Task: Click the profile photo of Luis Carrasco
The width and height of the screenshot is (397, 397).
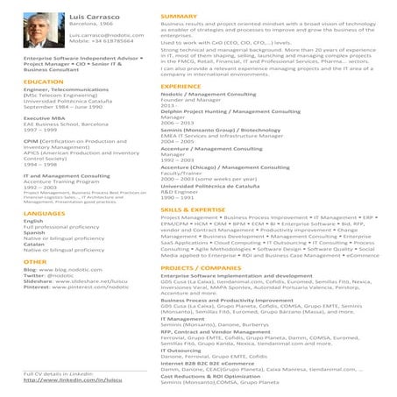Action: tap(43, 34)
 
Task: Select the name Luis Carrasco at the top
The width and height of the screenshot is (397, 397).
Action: tap(97, 17)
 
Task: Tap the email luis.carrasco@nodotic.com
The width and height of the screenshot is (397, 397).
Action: tap(106, 34)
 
